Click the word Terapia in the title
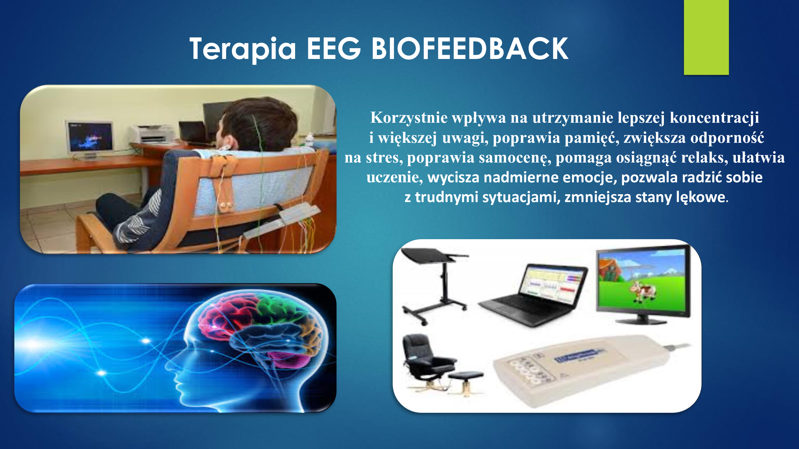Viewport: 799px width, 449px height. click(x=243, y=49)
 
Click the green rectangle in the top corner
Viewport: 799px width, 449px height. click(x=706, y=37)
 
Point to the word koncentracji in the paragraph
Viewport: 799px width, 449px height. click(x=714, y=118)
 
